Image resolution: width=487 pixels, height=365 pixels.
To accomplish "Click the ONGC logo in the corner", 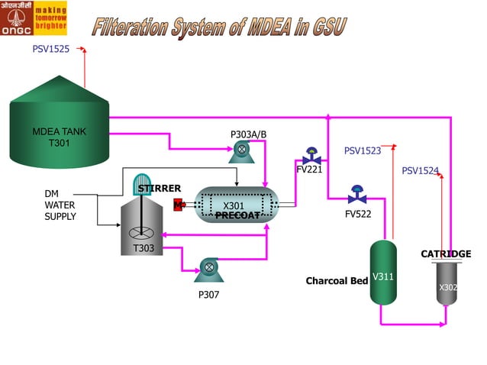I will pos(34,18).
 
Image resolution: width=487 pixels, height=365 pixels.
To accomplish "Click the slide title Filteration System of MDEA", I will pos(219,27).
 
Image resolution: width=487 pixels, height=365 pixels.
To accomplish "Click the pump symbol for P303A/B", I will pos(242,152).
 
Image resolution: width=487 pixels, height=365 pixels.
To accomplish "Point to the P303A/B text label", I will pos(248,134).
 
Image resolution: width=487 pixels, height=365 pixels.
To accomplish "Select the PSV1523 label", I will pos(362,150).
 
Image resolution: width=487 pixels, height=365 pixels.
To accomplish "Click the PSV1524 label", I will pos(420,170).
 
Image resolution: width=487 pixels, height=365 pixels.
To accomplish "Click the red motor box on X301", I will pos(179,205).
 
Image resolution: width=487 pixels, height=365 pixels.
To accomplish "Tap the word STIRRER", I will pos(159,189).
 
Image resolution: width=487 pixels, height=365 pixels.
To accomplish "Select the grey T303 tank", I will pos(143,226).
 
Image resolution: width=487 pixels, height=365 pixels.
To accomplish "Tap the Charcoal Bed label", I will pos(337,281).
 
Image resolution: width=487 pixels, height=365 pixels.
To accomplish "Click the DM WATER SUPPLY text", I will pos(60,205).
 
